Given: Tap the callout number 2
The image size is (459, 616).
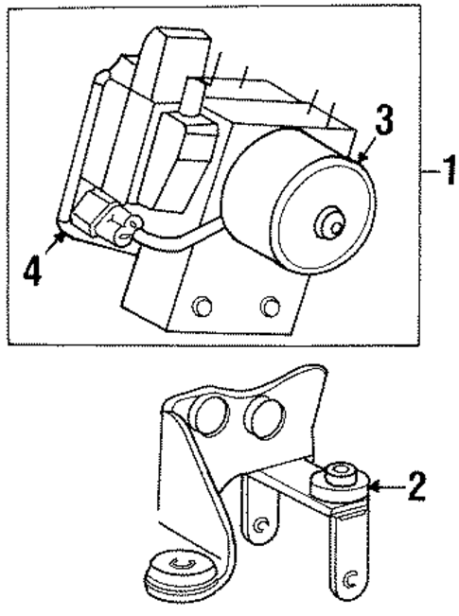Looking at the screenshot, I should pos(415,487).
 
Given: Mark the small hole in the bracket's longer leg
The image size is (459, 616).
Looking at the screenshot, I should pos(350,579).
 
